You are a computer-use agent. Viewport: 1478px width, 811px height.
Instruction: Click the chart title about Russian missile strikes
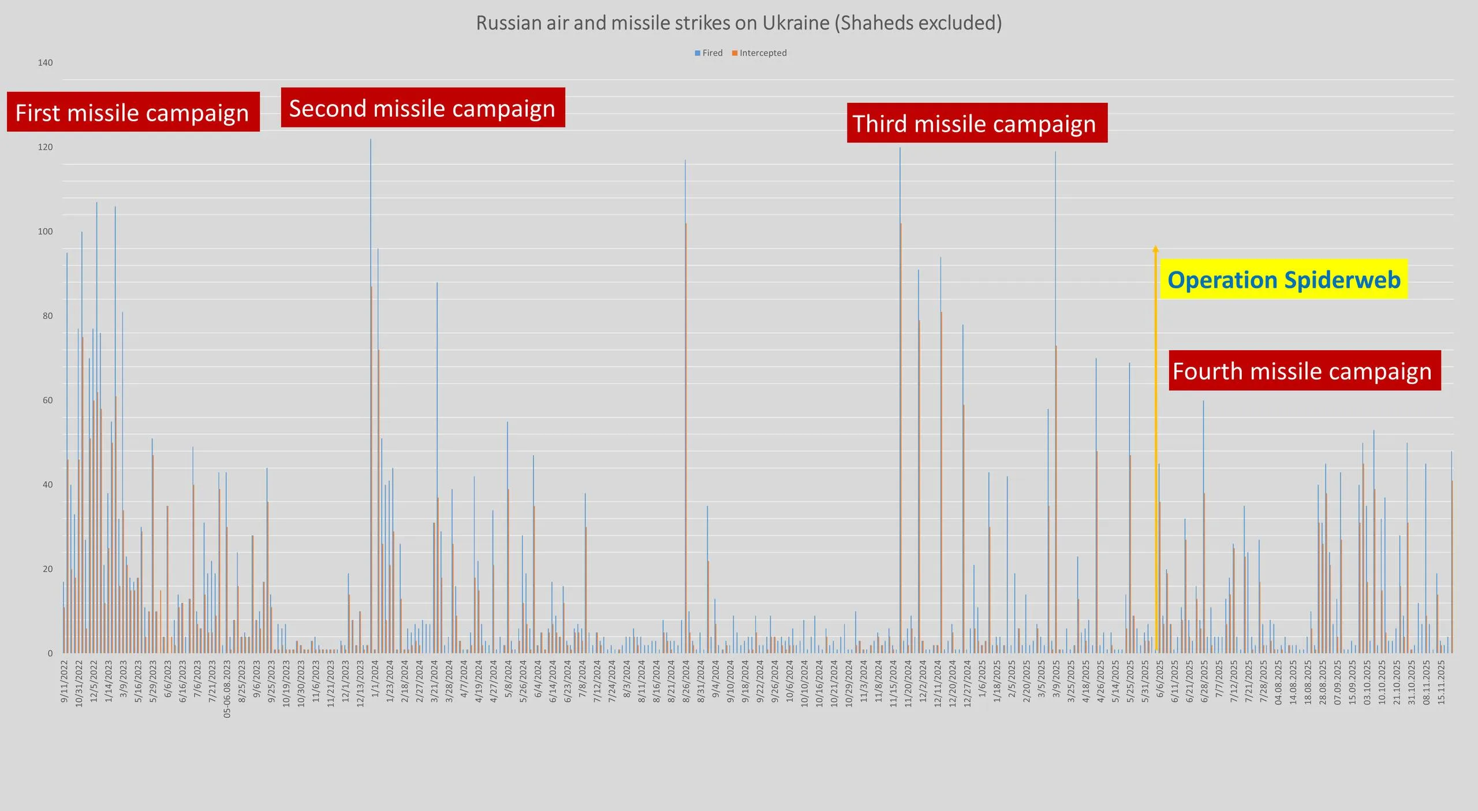[x=738, y=23]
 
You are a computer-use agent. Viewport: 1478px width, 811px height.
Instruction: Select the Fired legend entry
[x=710, y=53]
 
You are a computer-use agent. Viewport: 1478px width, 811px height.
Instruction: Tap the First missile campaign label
[x=133, y=112]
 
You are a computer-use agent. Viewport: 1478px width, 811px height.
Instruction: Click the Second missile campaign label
[x=423, y=108]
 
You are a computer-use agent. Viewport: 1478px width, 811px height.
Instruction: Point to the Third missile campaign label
[x=976, y=123]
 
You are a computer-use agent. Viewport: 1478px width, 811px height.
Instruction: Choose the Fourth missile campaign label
[x=1304, y=370]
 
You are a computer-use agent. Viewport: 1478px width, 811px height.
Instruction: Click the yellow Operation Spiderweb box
[x=1284, y=280]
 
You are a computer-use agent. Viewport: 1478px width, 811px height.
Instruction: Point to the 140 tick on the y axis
[x=45, y=63]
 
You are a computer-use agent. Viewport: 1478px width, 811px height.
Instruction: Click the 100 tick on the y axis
[x=45, y=232]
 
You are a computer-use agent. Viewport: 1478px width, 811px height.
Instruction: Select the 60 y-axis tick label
[x=47, y=400]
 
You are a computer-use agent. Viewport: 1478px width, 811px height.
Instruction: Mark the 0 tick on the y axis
[x=50, y=653]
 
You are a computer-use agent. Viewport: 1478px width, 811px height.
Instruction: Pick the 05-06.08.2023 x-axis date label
[x=227, y=689]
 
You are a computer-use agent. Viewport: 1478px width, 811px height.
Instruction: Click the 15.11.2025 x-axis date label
[x=1441, y=684]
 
